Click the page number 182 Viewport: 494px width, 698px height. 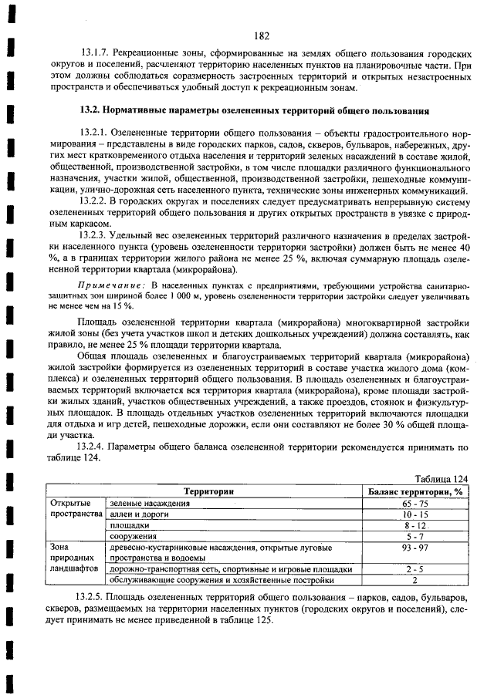click(x=261, y=35)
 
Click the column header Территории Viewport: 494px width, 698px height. click(x=208, y=491)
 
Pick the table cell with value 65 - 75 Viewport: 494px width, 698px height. click(x=414, y=503)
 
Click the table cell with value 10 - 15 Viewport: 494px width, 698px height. click(x=414, y=514)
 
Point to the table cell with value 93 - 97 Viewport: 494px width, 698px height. click(x=414, y=547)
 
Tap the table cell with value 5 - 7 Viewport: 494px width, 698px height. click(x=414, y=535)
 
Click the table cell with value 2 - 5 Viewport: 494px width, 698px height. click(x=414, y=568)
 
